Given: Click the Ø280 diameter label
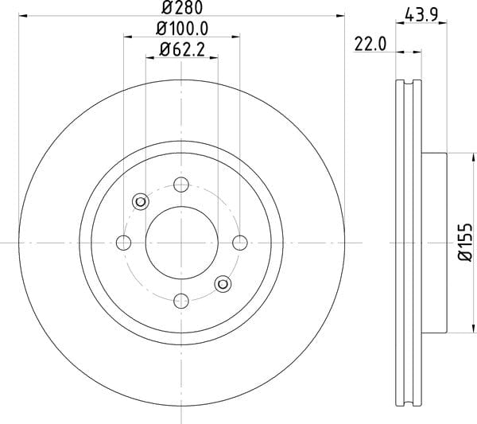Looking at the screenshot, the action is [182, 7].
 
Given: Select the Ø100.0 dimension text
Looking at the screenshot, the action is [182, 29].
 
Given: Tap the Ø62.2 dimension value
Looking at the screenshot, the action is [182, 49].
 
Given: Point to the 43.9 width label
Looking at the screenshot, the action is [421, 14].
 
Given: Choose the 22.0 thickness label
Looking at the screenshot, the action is [370, 44].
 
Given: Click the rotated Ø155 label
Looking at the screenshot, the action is [465, 243].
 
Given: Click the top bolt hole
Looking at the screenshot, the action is [181, 185].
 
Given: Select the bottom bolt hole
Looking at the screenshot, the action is [181, 301].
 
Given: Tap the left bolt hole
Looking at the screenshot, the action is [123, 243].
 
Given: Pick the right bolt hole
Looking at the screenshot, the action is [240, 243].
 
